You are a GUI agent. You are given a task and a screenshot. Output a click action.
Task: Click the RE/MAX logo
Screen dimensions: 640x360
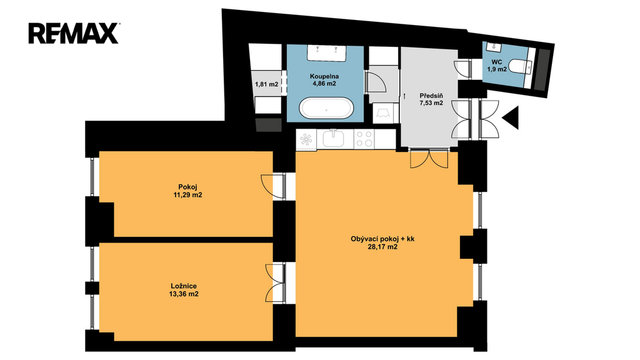click(x=74, y=34)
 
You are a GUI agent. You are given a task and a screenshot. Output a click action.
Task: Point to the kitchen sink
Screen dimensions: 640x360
click(x=334, y=138)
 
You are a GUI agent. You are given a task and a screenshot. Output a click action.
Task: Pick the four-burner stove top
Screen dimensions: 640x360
click(x=364, y=138)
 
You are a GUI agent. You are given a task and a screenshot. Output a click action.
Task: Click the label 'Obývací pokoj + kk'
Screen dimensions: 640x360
click(x=382, y=239)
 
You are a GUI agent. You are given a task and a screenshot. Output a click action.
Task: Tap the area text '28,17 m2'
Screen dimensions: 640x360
click(x=382, y=246)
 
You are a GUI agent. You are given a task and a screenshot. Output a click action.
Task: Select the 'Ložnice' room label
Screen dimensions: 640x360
click(x=184, y=286)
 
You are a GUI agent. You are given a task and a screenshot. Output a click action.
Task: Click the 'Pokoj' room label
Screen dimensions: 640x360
click(x=187, y=187)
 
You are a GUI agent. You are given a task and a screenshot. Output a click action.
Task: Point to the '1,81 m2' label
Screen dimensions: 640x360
click(x=266, y=84)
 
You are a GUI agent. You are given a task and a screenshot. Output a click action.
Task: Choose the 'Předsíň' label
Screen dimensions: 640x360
click(x=431, y=96)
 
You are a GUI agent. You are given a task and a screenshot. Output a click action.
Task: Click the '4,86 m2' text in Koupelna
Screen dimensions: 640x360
click(x=324, y=84)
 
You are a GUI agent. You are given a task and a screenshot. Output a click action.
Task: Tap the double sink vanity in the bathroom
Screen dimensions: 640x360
click(x=326, y=53)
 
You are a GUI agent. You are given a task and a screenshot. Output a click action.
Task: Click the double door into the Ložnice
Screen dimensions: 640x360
click(x=275, y=283)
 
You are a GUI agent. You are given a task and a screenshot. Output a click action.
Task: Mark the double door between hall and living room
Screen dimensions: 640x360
click(x=429, y=159)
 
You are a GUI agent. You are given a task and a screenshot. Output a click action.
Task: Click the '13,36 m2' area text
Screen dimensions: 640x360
click(x=184, y=294)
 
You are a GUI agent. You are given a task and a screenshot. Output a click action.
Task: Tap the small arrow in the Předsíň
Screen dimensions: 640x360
click(x=404, y=96)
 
